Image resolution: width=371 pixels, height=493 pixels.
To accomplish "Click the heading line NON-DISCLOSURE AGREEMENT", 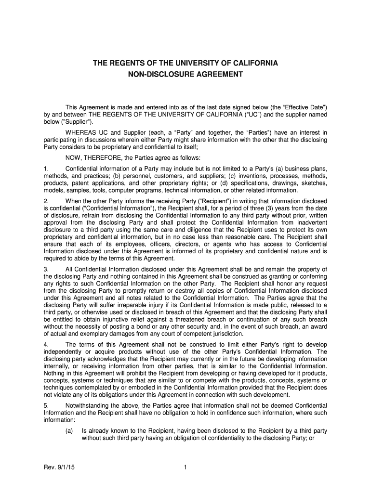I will click(x=185, y=75).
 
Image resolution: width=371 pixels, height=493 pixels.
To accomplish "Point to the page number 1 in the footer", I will click(x=185, y=466).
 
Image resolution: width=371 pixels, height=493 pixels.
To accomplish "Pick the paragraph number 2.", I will click(x=45, y=200).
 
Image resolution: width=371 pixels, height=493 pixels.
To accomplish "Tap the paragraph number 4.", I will click(x=45, y=344).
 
